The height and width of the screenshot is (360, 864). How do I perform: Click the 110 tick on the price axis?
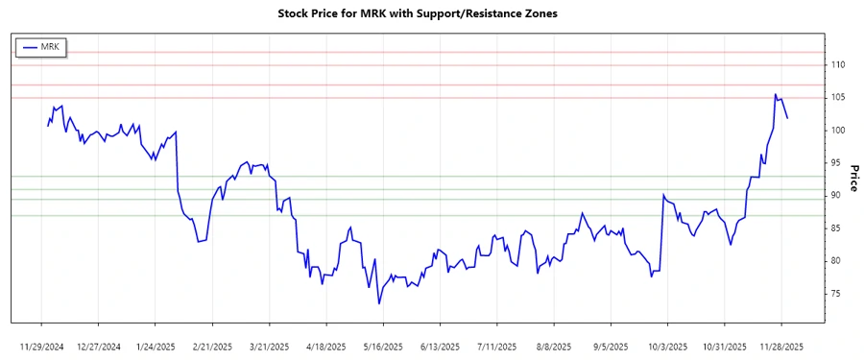[x=838, y=65]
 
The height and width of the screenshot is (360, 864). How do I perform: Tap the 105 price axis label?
[x=838, y=98]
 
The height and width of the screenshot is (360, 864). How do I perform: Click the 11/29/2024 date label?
[x=42, y=346]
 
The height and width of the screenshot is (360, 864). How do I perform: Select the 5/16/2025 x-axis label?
[x=382, y=346]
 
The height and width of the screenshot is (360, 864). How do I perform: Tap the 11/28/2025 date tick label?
[x=782, y=346]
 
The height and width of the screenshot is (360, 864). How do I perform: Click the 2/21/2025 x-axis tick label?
[x=212, y=346]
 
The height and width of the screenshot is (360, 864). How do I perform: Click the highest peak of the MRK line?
[x=775, y=94]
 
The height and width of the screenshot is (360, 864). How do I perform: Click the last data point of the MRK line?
[x=787, y=118]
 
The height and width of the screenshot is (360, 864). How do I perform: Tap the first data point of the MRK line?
[x=47, y=126]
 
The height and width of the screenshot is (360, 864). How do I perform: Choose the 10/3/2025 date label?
[x=666, y=346]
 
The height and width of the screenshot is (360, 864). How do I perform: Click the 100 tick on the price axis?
[x=838, y=131]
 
